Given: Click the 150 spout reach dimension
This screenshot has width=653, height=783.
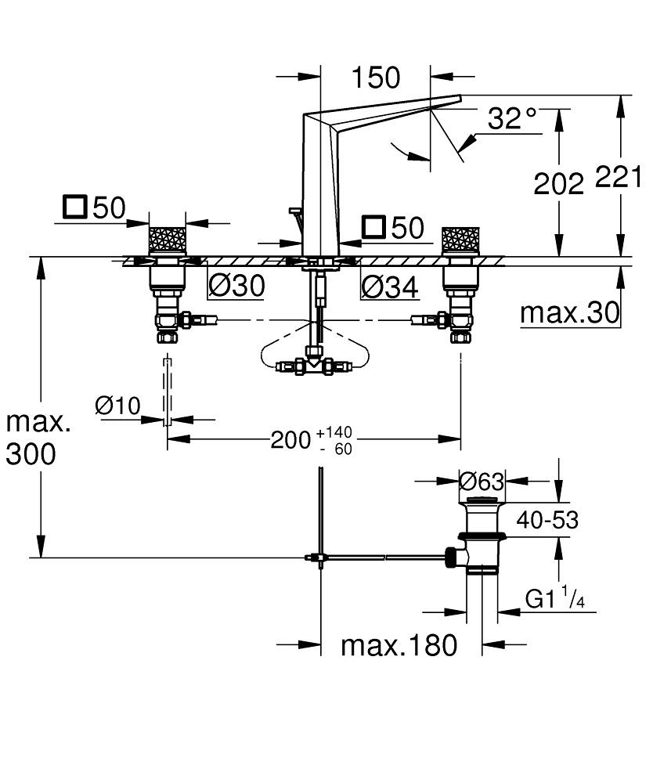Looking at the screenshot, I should (x=376, y=78).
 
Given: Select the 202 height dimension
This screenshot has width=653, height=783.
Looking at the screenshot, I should (x=558, y=183).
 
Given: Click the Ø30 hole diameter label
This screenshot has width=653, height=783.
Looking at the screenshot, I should (x=236, y=287).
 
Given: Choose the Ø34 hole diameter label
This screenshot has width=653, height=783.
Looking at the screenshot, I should (x=389, y=287).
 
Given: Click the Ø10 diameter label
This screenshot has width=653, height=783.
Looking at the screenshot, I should (x=117, y=405).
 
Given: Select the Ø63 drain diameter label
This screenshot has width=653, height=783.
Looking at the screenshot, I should (x=482, y=481).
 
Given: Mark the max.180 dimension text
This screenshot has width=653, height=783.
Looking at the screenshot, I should (x=399, y=645).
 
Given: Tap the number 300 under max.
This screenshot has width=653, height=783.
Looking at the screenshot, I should (x=31, y=453).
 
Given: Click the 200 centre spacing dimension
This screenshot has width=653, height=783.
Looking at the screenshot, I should (x=291, y=440).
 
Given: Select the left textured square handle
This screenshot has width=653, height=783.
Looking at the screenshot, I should (x=167, y=239).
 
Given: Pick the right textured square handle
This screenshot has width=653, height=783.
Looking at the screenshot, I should (x=460, y=239).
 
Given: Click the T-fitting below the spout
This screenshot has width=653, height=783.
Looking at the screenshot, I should (x=313, y=364).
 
